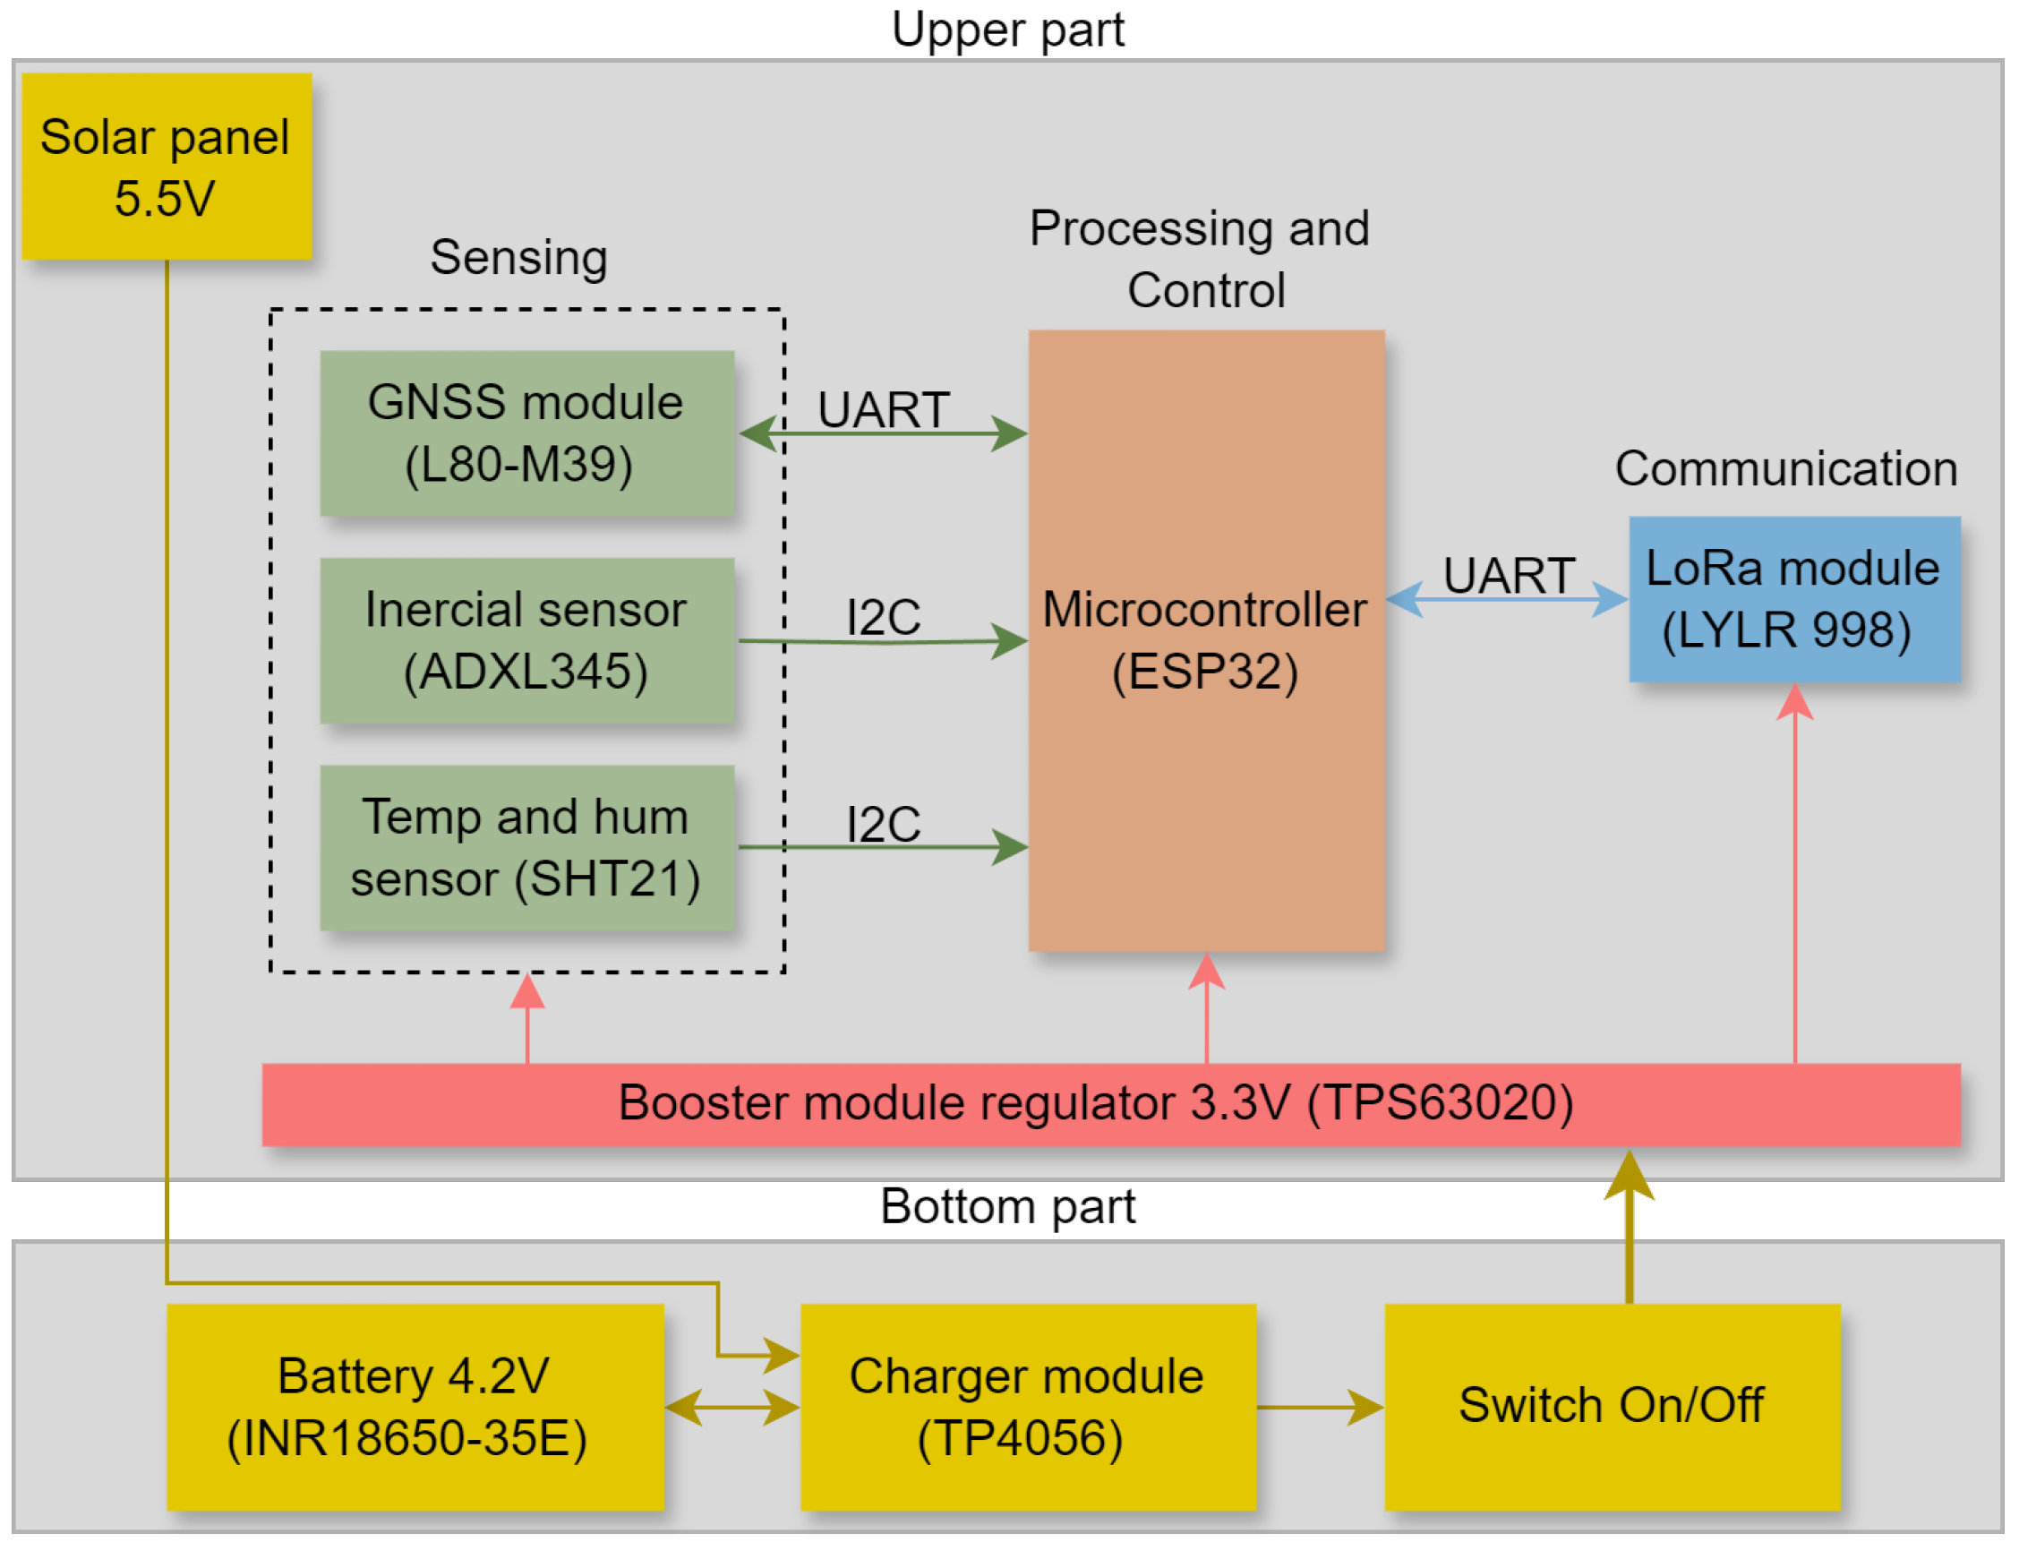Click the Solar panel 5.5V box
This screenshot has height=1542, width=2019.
coord(167,167)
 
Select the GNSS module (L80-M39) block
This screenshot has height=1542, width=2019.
coord(526,433)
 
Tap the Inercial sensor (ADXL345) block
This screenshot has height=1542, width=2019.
coord(526,640)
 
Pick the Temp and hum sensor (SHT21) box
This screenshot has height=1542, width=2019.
coord(526,848)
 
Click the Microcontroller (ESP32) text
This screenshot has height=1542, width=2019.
coord(1205,640)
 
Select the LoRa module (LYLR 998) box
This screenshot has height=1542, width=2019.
coord(1794,599)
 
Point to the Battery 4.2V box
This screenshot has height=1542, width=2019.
coord(415,1407)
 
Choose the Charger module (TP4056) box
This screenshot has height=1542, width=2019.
coord(1028,1407)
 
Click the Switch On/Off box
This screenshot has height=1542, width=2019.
coord(1612,1407)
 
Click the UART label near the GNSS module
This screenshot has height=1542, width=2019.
coord(883,409)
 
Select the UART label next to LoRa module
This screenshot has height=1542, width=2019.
coord(1509,576)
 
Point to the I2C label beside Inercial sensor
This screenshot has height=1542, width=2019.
coord(883,617)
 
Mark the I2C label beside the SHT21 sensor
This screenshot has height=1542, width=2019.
coord(883,824)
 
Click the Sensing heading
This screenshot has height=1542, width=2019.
coord(518,258)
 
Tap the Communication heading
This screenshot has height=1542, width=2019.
coord(1786,469)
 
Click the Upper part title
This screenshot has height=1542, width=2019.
coord(1007,30)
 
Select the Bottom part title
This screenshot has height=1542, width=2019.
coord(1007,1207)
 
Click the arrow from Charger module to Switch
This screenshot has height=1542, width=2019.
coord(1320,1407)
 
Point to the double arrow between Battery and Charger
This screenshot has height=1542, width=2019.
coord(731,1407)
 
